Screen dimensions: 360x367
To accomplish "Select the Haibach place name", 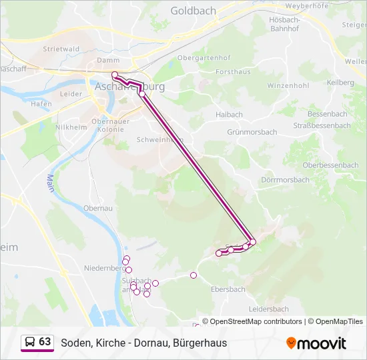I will [229, 115].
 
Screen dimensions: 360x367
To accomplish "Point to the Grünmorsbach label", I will [252, 132].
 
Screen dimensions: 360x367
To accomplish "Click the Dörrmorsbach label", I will [285, 180].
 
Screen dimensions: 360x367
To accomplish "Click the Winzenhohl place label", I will [288, 86].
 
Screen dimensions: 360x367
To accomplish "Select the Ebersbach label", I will [228, 289].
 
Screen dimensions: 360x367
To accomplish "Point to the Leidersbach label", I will [268, 309].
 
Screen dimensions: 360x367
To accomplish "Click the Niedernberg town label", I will [104, 268].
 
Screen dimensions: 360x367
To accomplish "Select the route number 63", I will [45, 342].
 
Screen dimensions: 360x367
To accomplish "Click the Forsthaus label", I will [233, 71].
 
